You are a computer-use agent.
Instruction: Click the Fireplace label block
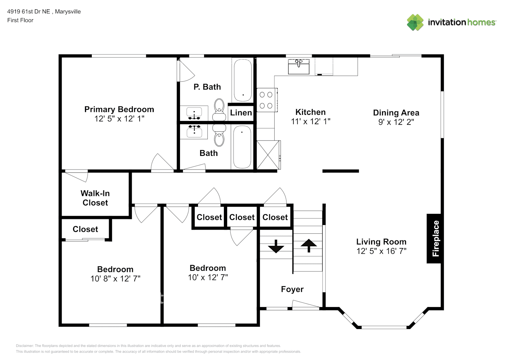coord(434,238)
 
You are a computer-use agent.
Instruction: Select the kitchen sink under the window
coord(298,67)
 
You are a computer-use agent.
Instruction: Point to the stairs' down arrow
coord(276,246)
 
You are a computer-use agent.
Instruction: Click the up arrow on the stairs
coord(308,246)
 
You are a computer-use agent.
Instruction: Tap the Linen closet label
coord(241,112)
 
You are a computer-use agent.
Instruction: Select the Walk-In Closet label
coord(95,198)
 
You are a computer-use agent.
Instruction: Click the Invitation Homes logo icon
coord(415,22)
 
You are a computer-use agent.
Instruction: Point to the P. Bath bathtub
coord(243,80)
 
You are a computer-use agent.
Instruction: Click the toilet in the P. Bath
coord(219,109)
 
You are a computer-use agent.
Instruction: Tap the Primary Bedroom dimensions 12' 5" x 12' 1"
coord(119,119)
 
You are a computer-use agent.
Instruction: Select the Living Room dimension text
coord(381,251)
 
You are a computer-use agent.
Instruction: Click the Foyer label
coord(292,289)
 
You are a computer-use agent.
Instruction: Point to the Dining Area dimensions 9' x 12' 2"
coord(396,122)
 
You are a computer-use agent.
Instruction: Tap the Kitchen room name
coord(310,112)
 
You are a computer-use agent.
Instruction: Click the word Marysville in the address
coord(68,12)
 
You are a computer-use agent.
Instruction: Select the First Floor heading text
coord(20,20)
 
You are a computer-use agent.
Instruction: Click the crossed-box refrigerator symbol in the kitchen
coord(269,155)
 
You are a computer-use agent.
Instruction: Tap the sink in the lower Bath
coord(194,132)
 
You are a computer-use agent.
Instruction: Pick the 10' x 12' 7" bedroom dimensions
coord(208,277)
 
